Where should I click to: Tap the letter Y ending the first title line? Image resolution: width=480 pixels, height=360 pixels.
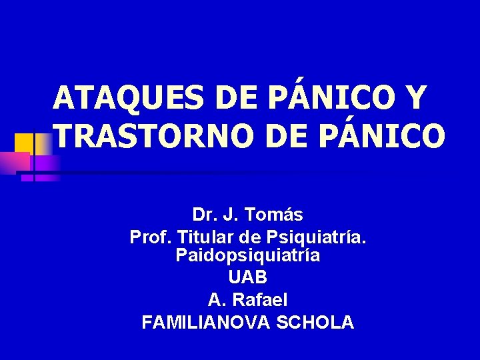(413, 99)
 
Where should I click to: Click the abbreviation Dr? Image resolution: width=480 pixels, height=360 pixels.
(203, 215)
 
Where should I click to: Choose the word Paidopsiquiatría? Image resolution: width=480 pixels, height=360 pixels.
(248, 255)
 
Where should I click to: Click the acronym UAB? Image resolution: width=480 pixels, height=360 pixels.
(248, 277)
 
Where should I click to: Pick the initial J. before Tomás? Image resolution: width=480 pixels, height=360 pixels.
(231, 215)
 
